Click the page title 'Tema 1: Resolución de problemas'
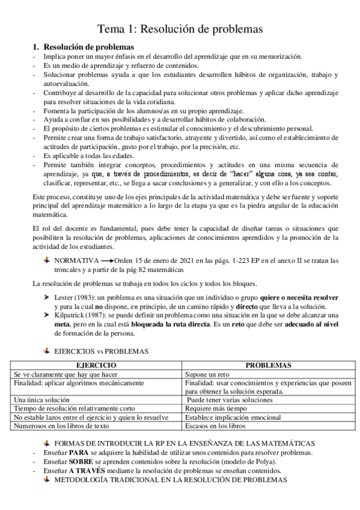click(x=180, y=28)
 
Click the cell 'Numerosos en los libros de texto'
click(x=61, y=426)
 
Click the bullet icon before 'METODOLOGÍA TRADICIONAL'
click(x=47, y=479)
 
